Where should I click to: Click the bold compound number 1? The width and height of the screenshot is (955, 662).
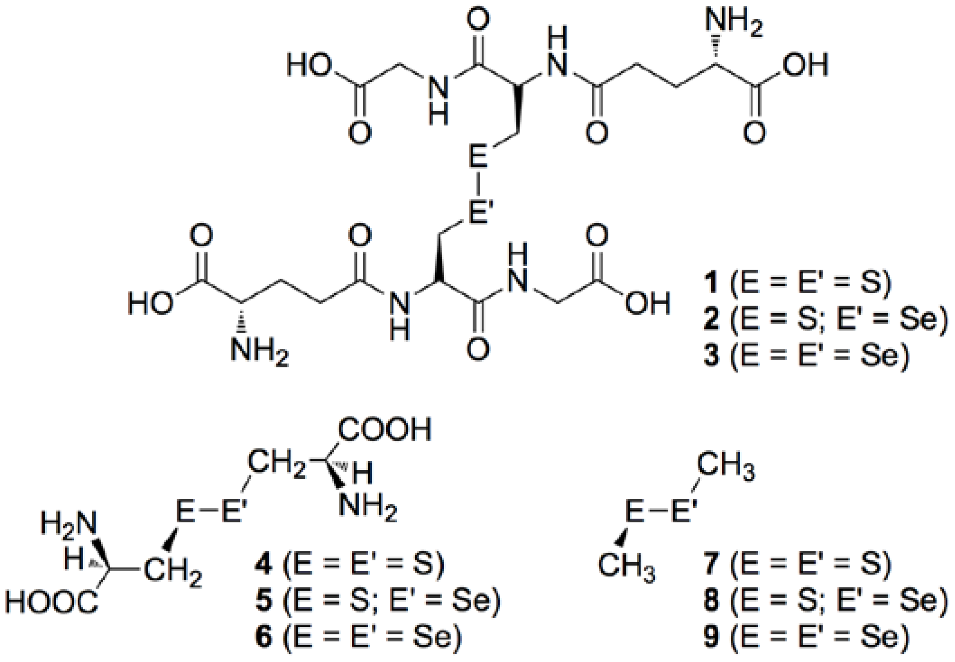(x=711, y=282)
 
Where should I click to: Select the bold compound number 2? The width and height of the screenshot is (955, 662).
(x=711, y=319)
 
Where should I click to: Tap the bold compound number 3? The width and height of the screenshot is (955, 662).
(x=711, y=355)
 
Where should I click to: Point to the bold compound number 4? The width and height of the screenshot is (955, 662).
(x=263, y=564)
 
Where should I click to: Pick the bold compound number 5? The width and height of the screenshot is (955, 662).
(x=263, y=601)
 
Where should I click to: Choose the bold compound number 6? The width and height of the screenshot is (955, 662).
(x=263, y=636)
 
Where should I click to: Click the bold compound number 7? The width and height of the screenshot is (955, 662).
(x=711, y=564)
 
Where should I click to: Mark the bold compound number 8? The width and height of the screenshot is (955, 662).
(x=711, y=601)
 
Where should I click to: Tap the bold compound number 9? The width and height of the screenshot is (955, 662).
(x=711, y=636)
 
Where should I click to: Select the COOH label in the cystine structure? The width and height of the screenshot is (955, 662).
(x=385, y=429)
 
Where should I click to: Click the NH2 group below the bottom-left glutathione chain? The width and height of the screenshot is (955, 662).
(x=259, y=350)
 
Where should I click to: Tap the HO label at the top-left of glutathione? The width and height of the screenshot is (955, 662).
(x=309, y=66)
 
